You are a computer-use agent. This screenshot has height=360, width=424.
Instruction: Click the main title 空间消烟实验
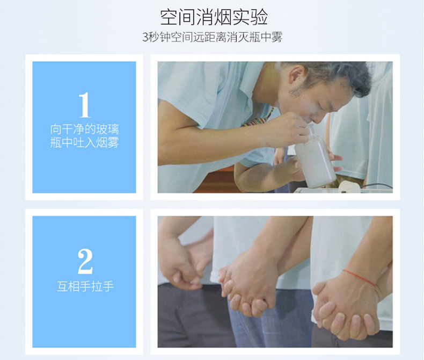click(214, 17)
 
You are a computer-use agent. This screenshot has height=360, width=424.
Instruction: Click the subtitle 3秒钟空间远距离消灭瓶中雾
click(213, 37)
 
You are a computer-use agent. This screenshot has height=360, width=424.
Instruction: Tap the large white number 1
click(85, 105)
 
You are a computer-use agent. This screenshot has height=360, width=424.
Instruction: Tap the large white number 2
click(85, 261)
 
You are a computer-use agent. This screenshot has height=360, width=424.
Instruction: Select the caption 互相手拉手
click(85, 286)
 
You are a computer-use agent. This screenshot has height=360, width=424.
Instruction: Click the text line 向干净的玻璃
click(85, 129)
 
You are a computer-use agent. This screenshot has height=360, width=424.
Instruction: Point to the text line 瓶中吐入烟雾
click(85, 142)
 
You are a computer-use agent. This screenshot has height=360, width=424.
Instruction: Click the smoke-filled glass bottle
click(316, 160)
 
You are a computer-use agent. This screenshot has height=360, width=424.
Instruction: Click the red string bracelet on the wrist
click(359, 277)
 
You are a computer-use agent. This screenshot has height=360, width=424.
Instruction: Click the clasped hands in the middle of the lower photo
click(247, 287)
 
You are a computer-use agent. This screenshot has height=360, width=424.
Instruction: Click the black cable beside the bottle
click(377, 185)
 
